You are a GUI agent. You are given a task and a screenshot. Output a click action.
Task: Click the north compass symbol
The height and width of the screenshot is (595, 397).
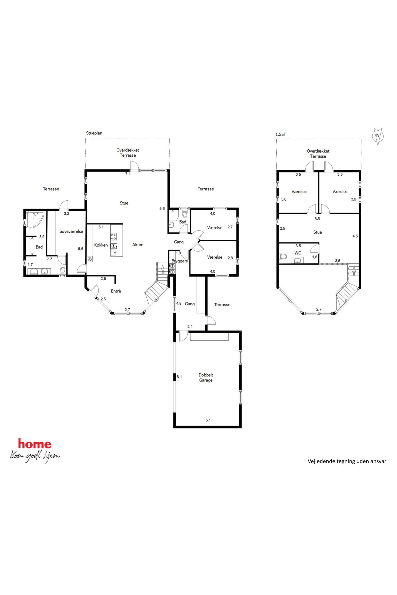[x=378, y=136]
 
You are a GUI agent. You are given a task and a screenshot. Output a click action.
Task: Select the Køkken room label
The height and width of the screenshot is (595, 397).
[x=101, y=245]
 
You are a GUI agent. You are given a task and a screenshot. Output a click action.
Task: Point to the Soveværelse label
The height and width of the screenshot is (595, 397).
[x=71, y=231]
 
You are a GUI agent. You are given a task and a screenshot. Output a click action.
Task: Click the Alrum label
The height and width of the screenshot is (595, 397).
[x=138, y=245]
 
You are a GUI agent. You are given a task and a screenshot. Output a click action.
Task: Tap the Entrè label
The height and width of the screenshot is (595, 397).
[x=116, y=291]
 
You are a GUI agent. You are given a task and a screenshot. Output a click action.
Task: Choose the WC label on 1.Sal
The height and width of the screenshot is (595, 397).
[x=298, y=253]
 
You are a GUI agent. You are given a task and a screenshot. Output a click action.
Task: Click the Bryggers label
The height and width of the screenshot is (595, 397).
[x=179, y=261]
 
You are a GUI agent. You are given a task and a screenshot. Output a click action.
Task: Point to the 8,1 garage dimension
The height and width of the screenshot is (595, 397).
[x=179, y=377]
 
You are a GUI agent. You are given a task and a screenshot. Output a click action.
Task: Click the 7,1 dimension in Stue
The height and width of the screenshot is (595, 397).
[x=128, y=174]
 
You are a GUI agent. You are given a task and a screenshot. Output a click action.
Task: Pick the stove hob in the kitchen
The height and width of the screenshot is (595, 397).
[x=113, y=237]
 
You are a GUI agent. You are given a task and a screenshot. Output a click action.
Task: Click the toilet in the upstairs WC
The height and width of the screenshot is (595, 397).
[x=283, y=257]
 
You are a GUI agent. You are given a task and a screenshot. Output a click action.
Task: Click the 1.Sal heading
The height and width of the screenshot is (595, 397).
[x=280, y=134]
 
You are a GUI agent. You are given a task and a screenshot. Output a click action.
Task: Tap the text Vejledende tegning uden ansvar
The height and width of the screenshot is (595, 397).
[x=347, y=461]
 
